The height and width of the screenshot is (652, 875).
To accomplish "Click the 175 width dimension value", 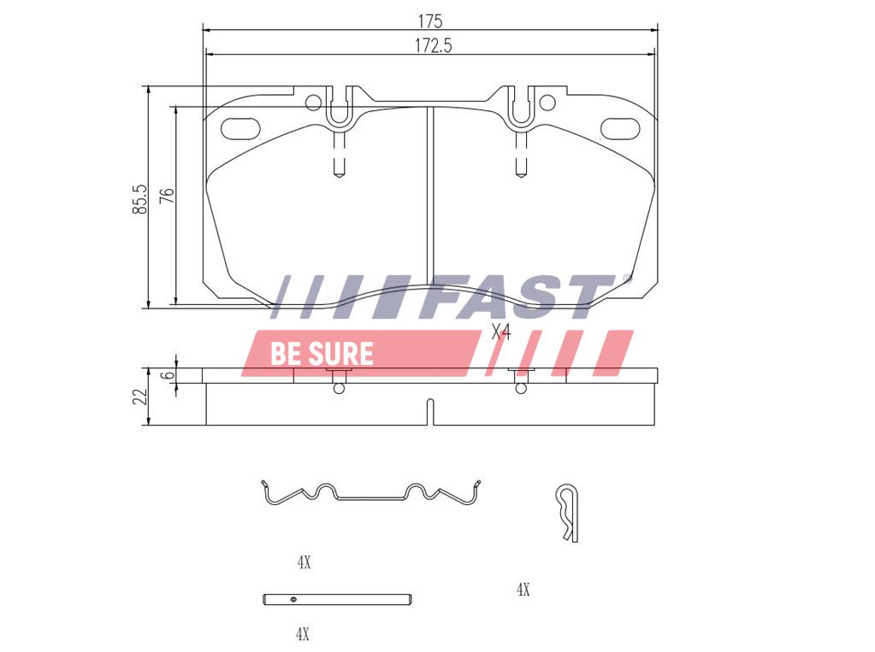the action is point(430,21).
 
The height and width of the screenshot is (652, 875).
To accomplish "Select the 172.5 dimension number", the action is point(433,46).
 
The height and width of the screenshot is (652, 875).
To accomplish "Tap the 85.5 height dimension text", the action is point(139,199).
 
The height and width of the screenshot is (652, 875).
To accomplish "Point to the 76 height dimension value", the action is point(167,195).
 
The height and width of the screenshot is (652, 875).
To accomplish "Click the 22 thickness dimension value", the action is point(140,396).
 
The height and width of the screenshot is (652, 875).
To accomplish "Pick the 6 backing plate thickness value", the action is point(168,375).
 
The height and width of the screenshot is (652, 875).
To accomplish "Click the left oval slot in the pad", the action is point(240,127).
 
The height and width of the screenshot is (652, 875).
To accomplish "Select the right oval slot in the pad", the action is point(619,128).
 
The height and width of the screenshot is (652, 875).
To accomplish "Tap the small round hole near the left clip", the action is point(314,103).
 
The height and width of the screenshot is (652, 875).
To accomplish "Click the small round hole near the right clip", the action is point(547,103).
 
